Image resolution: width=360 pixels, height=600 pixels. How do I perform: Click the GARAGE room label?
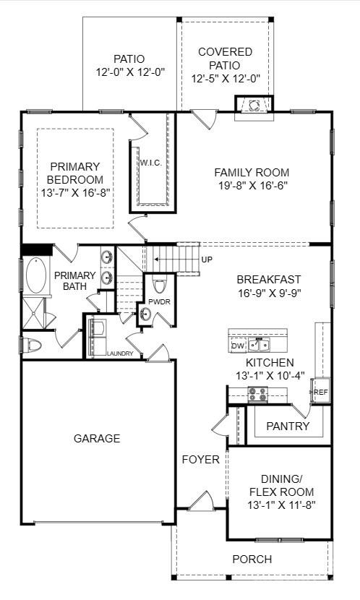point(96,438)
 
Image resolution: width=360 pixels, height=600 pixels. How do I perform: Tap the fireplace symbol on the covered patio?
point(254,106)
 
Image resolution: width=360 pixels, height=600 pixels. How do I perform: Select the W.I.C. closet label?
point(150,161)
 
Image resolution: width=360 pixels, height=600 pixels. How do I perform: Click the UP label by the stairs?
point(207,259)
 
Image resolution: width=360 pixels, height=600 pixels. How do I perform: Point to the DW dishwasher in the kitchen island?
point(238,346)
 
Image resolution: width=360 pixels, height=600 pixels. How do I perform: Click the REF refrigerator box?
point(320,393)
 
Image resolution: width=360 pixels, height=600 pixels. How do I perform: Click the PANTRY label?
point(288,426)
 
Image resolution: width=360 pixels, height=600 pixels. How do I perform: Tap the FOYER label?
point(200,460)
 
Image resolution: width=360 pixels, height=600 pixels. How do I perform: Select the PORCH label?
point(252,559)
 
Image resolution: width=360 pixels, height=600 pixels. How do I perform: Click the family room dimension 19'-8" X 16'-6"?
point(252,187)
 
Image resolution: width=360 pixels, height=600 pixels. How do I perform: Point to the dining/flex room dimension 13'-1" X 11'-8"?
point(282,505)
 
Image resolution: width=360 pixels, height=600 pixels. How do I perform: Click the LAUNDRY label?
point(120,353)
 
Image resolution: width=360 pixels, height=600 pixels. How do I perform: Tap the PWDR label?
point(159,301)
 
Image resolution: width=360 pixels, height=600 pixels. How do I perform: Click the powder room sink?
point(145,314)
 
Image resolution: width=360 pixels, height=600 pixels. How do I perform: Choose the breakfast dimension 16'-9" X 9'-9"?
point(269,293)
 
